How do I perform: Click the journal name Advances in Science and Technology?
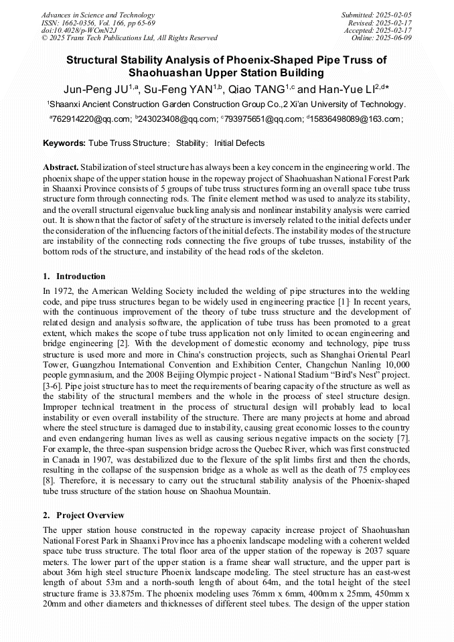(98, 15)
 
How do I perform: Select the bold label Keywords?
(64, 143)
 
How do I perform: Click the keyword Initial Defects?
(239, 143)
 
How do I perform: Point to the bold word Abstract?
(61, 167)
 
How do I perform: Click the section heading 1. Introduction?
(74, 276)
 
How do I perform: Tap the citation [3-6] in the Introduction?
(54, 387)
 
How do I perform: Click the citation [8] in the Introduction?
(50, 481)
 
